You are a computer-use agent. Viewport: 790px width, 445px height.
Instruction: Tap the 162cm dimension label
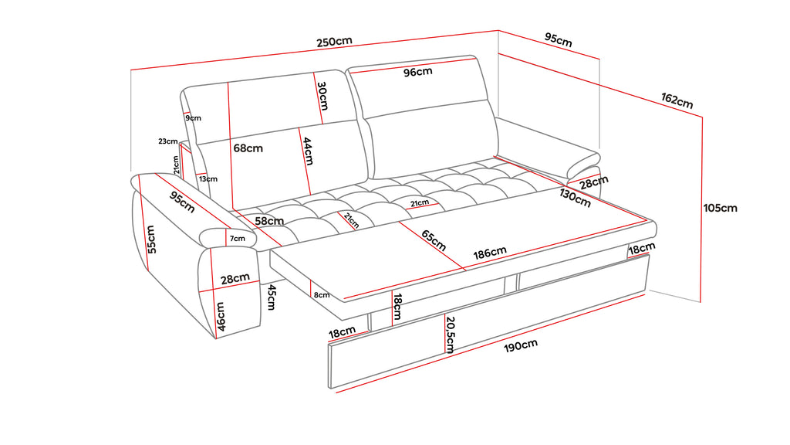pos(677,100)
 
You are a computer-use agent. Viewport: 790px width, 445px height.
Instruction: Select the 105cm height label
pos(721,207)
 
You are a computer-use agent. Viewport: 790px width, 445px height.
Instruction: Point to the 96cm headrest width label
pos(418,72)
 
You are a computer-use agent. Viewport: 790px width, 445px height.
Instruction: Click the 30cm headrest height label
pos(322,97)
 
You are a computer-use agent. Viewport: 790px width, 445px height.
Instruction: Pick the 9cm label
pos(193,118)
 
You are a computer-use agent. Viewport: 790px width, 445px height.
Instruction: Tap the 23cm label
pos(168,141)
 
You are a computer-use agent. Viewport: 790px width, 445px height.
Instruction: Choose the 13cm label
pos(208,178)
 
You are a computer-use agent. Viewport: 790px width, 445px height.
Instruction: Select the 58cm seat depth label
pos(267,222)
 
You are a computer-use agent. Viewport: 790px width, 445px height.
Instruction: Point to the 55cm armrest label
pos(152,239)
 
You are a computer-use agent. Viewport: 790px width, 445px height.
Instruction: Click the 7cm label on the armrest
pos(237,238)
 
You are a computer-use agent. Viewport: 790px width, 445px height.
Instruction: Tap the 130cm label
pos(575,199)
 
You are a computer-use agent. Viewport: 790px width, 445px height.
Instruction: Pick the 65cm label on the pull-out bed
pos(434,239)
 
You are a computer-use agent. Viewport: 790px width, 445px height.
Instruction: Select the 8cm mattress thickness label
pos(322,294)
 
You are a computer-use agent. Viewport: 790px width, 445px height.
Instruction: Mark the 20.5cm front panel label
pos(449,334)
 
